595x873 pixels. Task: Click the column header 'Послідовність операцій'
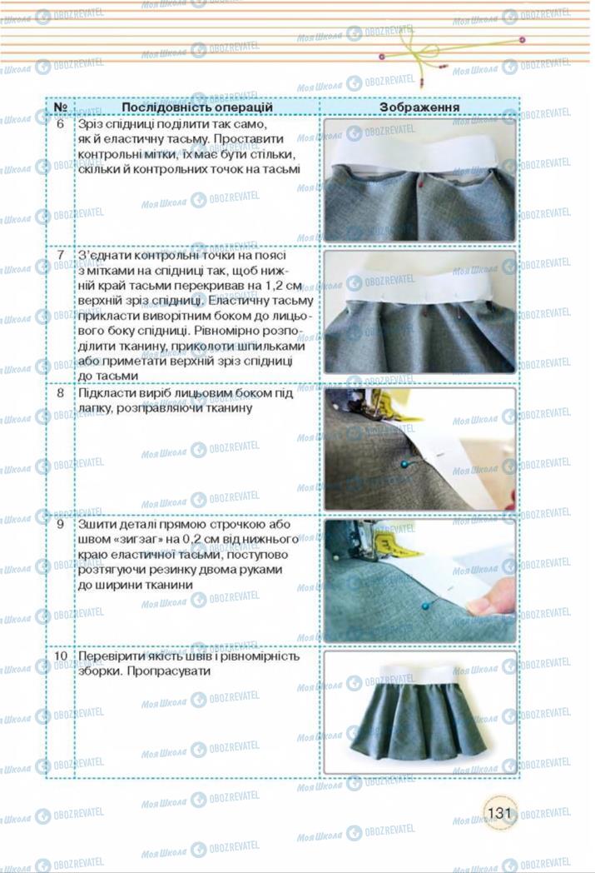coord(196,107)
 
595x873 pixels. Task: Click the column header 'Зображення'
coord(419,107)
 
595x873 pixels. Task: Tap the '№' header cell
coord(60,107)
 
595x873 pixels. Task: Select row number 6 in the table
coord(60,124)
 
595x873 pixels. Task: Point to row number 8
coord(60,392)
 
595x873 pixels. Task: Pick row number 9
coord(60,525)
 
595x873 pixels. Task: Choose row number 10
coord(60,656)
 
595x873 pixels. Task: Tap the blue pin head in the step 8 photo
coord(404,463)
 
